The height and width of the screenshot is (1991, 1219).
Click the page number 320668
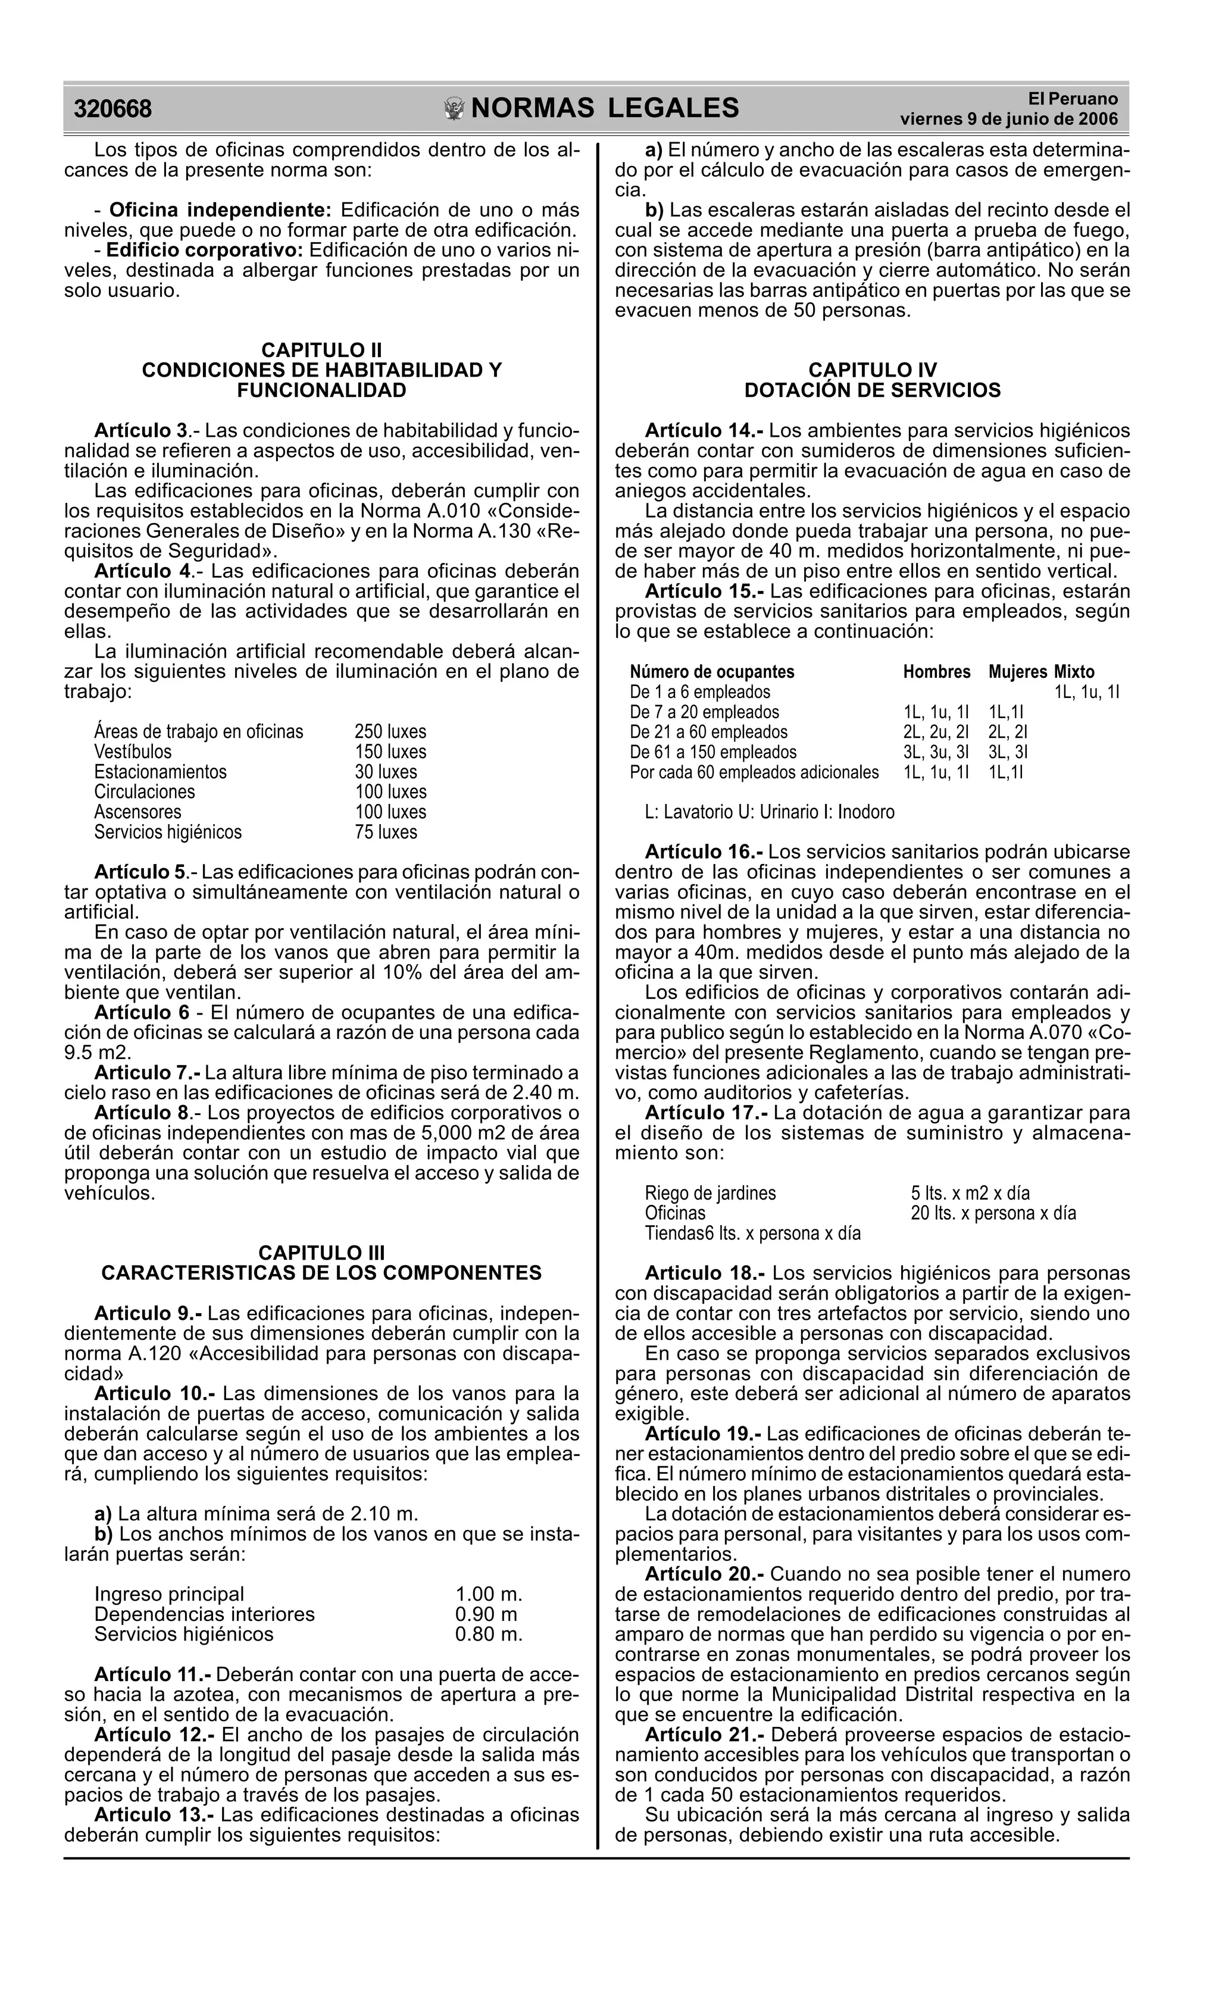point(112,108)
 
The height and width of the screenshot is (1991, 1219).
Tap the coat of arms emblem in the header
point(455,108)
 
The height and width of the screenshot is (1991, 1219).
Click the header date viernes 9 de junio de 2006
point(1009,120)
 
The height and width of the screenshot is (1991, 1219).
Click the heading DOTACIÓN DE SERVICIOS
point(871,390)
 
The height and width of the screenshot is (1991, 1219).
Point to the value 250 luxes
point(390,732)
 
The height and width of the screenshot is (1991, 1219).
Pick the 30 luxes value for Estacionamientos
point(386,772)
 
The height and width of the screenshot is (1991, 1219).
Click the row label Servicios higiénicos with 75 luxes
point(167,832)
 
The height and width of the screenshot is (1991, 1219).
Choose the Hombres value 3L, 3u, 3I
point(935,752)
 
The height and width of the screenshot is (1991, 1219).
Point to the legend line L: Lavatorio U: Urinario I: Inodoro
point(770,812)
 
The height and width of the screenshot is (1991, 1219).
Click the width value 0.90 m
point(486,1614)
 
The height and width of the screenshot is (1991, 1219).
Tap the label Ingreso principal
point(169,1594)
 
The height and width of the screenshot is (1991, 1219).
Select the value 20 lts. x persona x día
point(993,1214)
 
